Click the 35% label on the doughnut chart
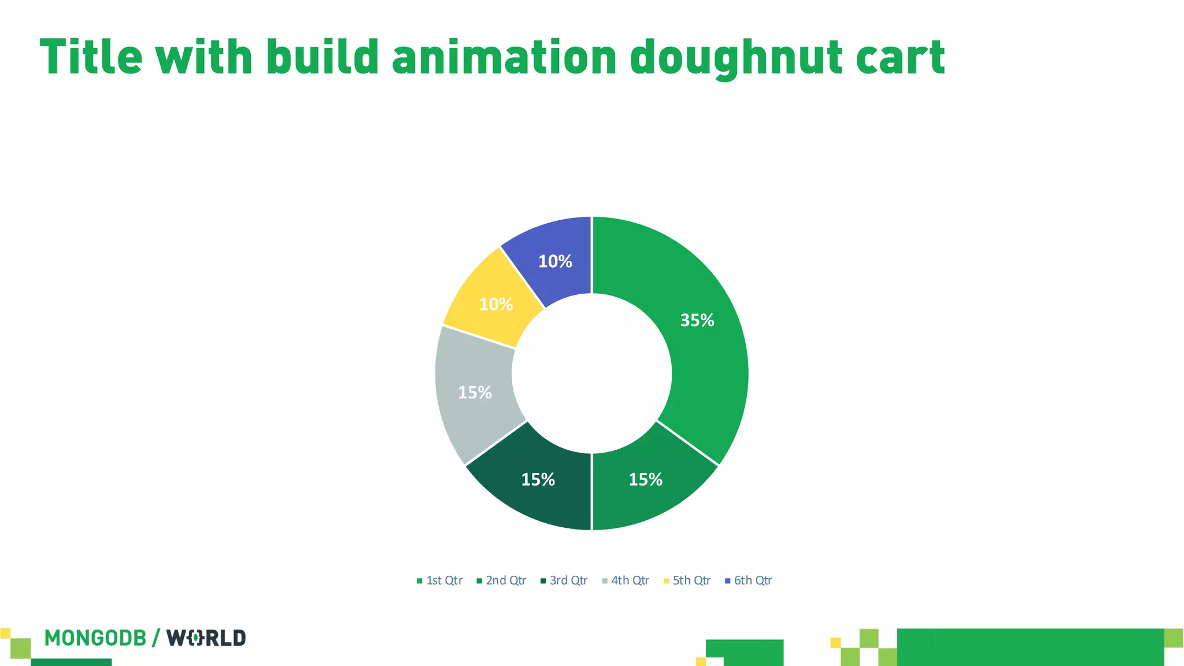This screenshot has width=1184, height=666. [697, 320]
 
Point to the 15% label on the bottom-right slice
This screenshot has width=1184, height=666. [645, 479]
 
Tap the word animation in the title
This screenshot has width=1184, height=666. [504, 58]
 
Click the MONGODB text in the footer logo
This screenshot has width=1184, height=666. [95, 638]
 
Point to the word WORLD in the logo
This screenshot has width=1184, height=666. [206, 638]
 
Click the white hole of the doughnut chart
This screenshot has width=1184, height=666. [592, 373]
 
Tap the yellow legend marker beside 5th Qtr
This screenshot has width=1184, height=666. [666, 581]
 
